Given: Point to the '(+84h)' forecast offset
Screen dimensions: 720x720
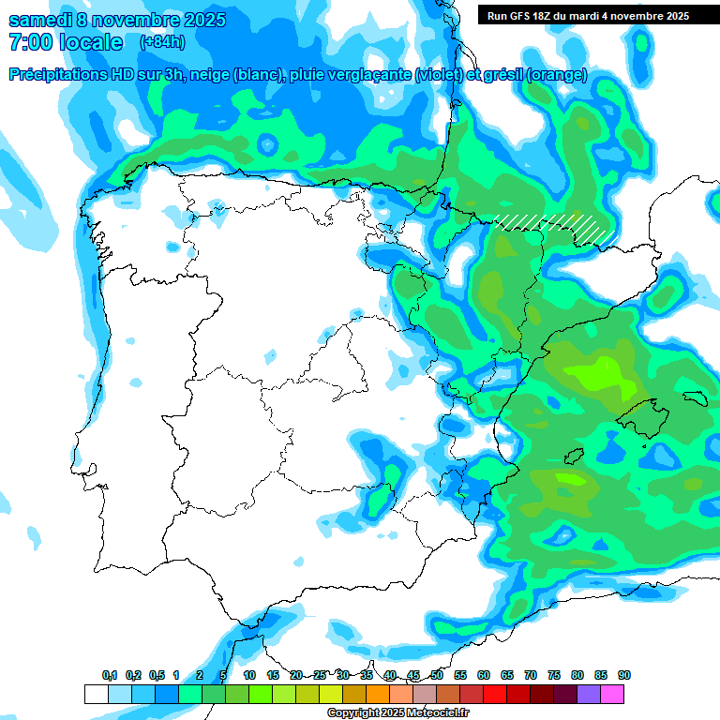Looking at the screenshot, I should tap(162, 42).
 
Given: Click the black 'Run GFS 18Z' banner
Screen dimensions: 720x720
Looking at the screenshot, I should tap(588, 15).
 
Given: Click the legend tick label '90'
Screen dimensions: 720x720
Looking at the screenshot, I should tap(623, 675).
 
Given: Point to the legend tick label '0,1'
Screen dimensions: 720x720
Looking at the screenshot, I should tap(110, 675).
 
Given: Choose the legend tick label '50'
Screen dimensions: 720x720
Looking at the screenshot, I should tap(437, 675).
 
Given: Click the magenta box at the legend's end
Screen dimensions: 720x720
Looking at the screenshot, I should tap(612, 694).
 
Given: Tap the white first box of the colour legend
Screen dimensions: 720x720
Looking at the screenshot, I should tap(96, 694).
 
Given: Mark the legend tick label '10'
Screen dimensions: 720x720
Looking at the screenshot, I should tap(249, 675).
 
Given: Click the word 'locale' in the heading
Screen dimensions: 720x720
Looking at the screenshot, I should tap(91, 42).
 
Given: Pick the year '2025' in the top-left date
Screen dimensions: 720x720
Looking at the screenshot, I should tap(202, 20).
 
